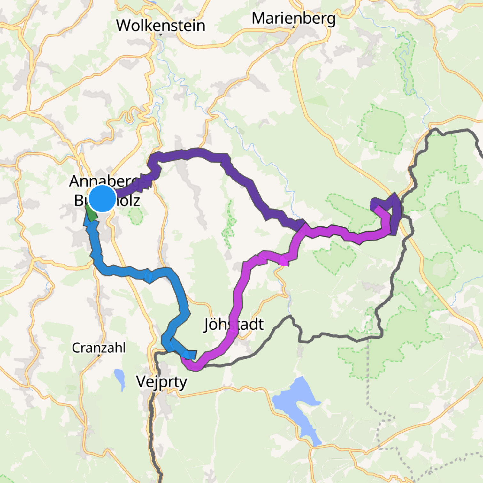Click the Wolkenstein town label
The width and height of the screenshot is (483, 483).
(x=161, y=26)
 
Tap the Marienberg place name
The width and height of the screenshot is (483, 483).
(x=293, y=19)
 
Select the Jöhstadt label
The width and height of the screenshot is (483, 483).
(x=234, y=325)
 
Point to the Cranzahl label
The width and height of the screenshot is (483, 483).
(x=98, y=348)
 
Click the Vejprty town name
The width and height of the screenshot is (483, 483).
(x=162, y=381)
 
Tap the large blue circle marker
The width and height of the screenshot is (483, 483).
(x=102, y=198)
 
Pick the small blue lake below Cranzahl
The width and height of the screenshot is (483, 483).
(x=120, y=379)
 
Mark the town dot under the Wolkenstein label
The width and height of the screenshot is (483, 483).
(x=161, y=34)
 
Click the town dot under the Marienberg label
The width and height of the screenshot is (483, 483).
(x=293, y=27)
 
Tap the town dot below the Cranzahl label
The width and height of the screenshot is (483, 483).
(x=99, y=355)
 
